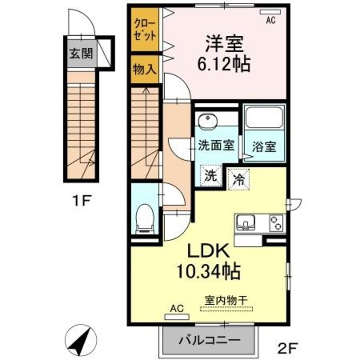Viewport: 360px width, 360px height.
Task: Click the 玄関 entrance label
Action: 81,54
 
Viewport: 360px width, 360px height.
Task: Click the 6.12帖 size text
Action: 224,65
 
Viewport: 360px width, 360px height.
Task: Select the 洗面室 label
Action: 217,146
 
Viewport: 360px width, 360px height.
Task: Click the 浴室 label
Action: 265,147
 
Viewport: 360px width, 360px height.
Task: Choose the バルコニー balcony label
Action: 209,340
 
